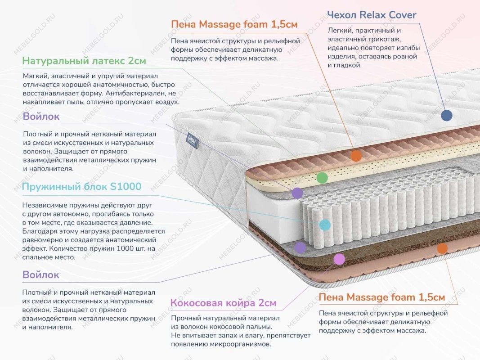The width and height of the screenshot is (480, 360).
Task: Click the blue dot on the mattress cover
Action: click(x=446, y=116)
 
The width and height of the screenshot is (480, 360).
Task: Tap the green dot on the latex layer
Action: click(x=322, y=178)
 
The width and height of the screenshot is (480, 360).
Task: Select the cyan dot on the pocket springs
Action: click(x=324, y=225)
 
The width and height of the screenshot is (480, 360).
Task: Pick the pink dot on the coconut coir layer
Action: click(x=339, y=259)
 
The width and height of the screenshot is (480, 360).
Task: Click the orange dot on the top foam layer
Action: click(x=356, y=156)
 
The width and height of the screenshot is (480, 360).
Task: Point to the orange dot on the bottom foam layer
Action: click(x=442, y=248)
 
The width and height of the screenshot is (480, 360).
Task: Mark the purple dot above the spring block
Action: click(x=297, y=193)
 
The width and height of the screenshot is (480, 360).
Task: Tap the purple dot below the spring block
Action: click(x=300, y=247)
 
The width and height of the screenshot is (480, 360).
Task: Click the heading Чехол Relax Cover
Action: click(x=372, y=15)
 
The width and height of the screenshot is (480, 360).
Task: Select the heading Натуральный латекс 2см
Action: click(x=84, y=61)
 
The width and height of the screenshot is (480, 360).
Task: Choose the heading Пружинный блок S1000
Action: click(x=81, y=186)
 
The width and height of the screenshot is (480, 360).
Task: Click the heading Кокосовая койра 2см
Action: click(x=223, y=303)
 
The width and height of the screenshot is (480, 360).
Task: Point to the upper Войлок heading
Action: click(x=40, y=117)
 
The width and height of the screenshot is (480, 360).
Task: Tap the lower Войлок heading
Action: click(x=40, y=274)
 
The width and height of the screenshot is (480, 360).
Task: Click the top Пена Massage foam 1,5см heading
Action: click(x=234, y=24)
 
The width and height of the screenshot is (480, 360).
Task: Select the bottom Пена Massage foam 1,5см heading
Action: click(x=382, y=297)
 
